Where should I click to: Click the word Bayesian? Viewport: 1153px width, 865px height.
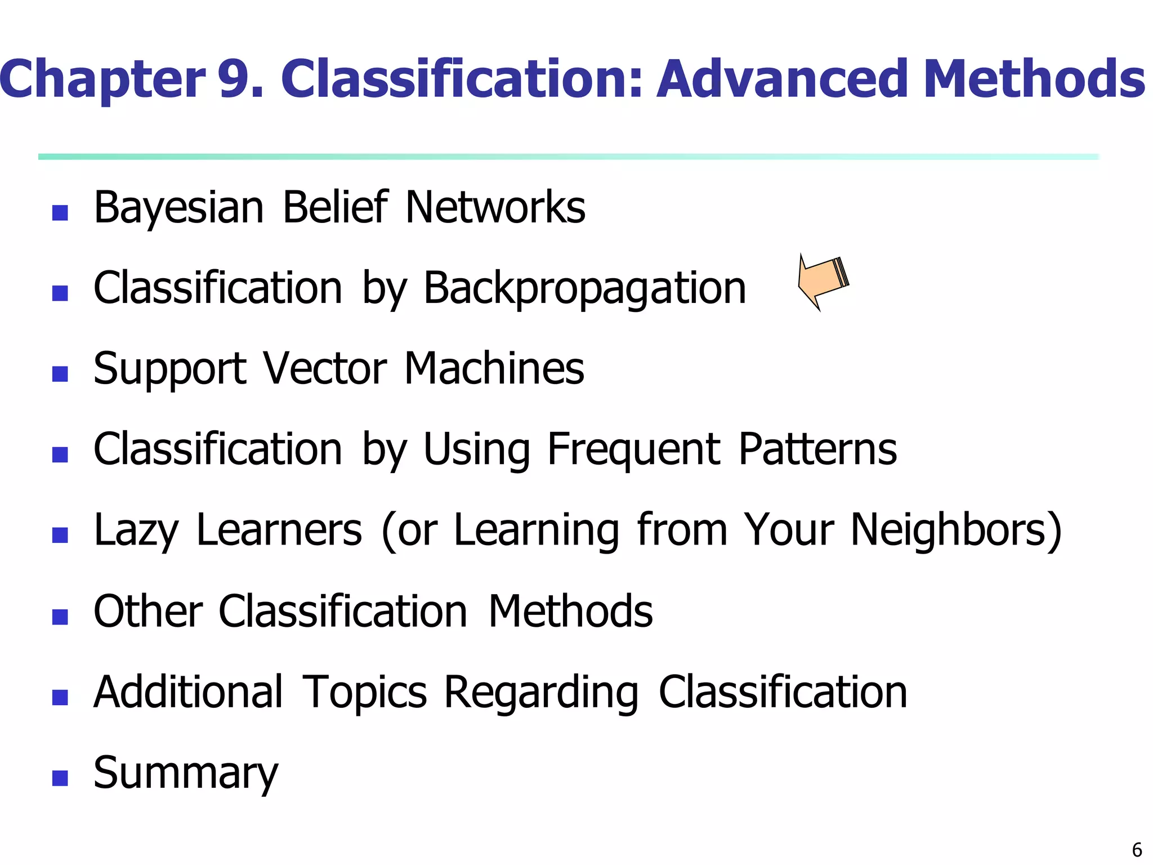coord(178,208)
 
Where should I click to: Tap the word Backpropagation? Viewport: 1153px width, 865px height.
coord(584,289)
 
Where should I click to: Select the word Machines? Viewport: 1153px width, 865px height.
coord(494,369)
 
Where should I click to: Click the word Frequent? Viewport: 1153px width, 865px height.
coord(633,451)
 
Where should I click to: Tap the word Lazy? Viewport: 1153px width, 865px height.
coord(136,531)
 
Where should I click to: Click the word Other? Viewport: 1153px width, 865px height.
coord(148,612)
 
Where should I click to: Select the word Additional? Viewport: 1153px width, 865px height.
coord(188,692)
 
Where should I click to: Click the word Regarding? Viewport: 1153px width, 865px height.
coord(541,693)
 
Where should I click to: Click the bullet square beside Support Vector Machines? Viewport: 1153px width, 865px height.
coord(60,374)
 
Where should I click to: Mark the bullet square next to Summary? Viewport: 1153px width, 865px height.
coord(60,778)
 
